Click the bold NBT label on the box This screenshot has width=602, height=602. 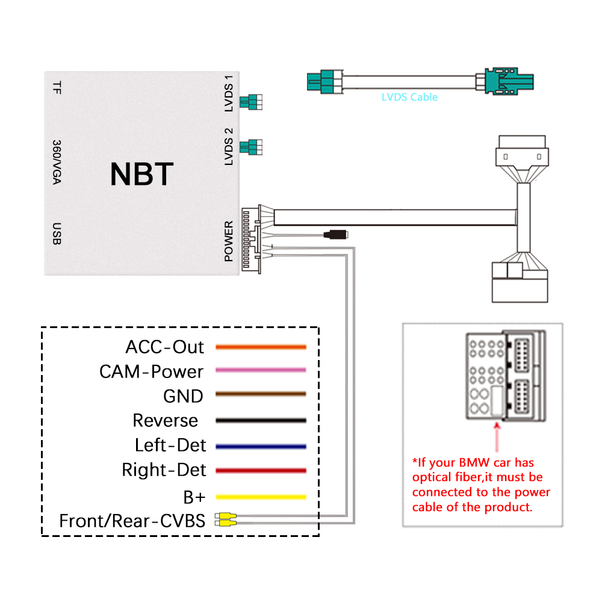[141, 174]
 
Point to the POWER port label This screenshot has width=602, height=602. [228, 241]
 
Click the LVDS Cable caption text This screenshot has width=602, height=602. [409, 97]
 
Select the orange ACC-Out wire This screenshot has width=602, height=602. [261, 347]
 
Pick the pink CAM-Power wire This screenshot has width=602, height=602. [261, 370]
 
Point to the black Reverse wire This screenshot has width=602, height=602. [261, 420]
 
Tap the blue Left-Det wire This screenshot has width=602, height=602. [261, 446]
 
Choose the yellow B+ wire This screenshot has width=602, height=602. [261, 497]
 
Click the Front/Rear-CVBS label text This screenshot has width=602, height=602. [132, 521]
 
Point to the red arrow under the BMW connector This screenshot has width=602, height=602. [497, 436]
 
